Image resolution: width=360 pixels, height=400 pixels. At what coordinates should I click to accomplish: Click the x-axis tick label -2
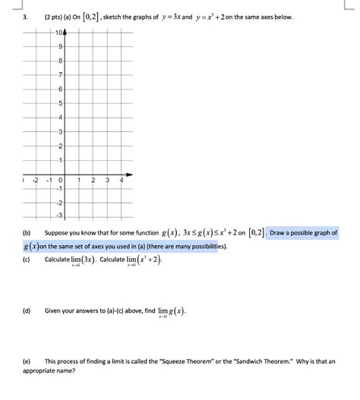(x=34, y=180)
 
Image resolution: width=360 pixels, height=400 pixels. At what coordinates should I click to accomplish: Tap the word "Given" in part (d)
(x=54, y=310)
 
